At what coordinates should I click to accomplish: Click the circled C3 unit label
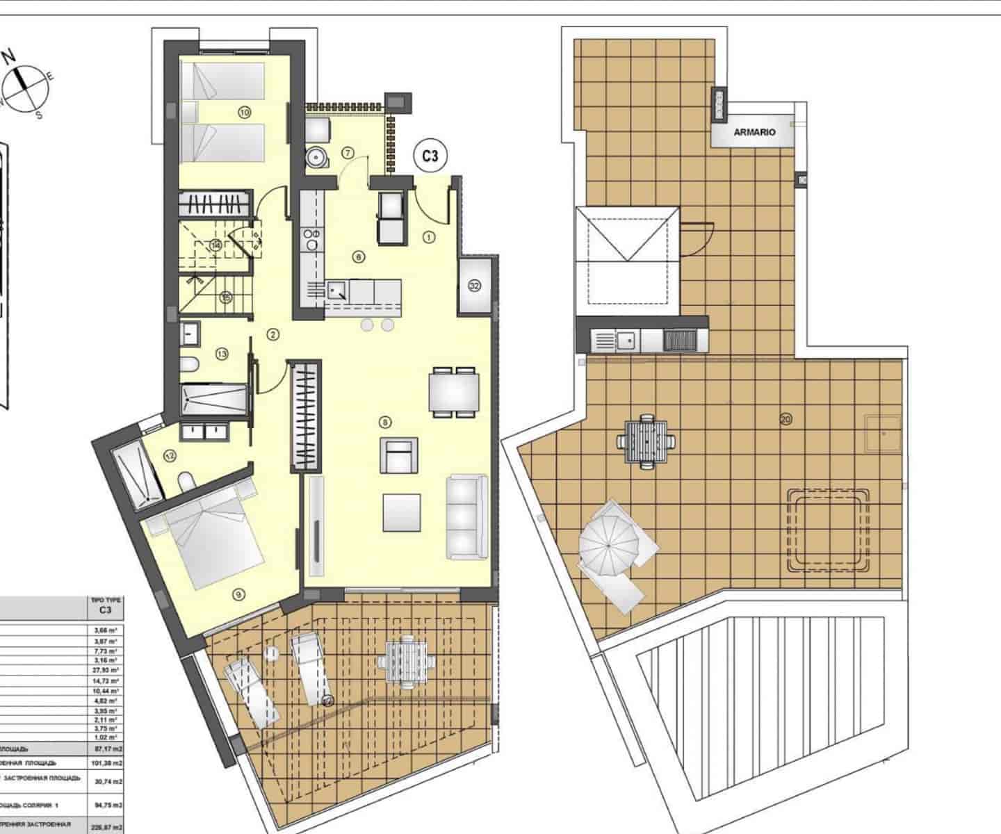(430, 156)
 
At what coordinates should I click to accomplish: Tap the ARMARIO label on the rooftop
(754, 131)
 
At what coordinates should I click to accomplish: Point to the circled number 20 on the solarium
(786, 419)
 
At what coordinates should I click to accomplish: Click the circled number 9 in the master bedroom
(238, 594)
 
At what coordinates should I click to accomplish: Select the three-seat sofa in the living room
(466, 515)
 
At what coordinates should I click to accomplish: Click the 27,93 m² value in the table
(105, 669)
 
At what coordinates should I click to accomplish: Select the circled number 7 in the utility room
(348, 152)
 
